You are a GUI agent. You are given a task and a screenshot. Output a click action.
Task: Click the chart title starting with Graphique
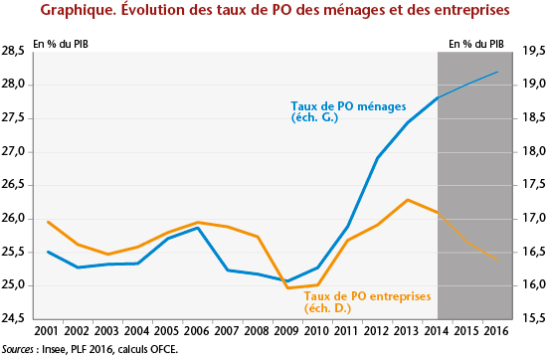(273, 12)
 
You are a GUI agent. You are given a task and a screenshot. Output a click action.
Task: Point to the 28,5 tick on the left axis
(16, 51)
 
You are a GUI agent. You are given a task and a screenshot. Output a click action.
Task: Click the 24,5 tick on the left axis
(16, 319)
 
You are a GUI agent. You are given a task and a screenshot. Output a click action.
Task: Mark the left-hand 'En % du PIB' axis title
(61, 44)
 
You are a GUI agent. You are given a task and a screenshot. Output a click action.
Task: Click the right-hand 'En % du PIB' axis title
(475, 44)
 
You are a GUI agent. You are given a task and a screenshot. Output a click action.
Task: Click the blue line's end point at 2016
(497, 72)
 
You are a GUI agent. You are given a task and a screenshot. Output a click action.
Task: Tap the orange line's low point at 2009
(287, 287)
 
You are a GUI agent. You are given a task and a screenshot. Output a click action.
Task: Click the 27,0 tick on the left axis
(16, 151)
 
